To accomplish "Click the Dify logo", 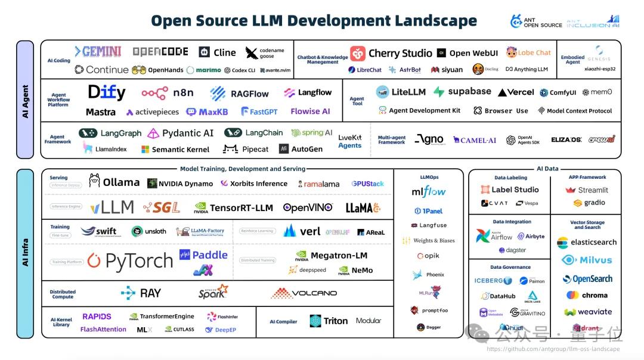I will click(x=107, y=92).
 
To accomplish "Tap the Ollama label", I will click(x=114, y=182).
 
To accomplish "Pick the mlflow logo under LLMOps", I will click(x=429, y=192).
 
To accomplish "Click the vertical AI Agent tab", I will click(x=25, y=100).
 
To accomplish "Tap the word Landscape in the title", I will click(x=424, y=20).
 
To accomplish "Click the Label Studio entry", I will click(x=510, y=190).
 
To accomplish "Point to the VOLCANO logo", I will click(x=304, y=293).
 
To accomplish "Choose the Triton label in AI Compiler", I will click(x=335, y=321).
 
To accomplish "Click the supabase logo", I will click(x=462, y=92).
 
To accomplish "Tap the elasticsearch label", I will click(x=593, y=243).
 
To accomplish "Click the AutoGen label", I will click(x=306, y=149).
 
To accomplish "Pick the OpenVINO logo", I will click(x=307, y=207).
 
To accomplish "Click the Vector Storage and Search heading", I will click(x=587, y=225).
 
